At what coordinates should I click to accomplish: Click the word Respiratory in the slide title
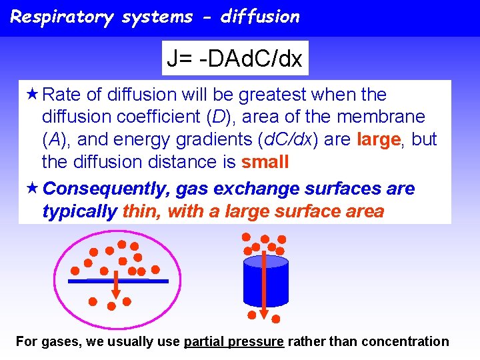62,17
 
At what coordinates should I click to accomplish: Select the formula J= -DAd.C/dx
235,59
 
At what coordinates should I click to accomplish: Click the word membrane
381,117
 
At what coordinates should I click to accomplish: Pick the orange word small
265,162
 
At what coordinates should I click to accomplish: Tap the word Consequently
107,189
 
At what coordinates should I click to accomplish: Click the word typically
79,212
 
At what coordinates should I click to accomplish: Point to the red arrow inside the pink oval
115,285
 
